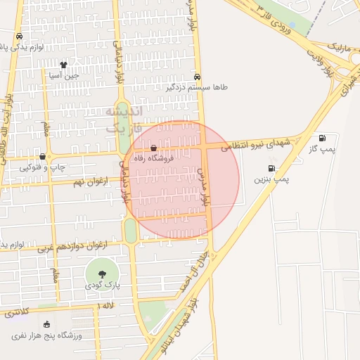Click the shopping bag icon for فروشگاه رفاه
tap(154, 148)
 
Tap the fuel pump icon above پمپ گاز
tap(322, 138)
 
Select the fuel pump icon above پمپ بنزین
tap(271, 168)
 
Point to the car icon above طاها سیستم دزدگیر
tap(196, 77)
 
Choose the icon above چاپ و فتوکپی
tap(43, 156)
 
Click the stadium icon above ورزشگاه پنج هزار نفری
tap(46, 325)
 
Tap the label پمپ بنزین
tap(271, 180)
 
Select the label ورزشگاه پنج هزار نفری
tap(46, 336)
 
